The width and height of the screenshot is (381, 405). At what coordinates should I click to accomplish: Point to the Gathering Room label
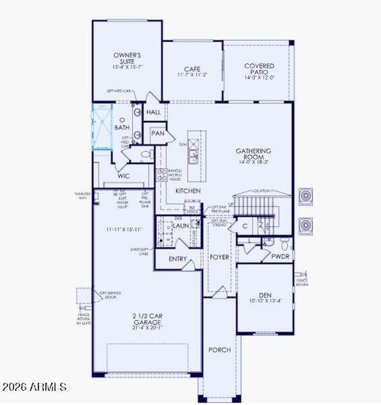pyautogui.click(x=253, y=151)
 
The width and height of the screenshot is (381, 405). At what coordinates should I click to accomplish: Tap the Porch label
pyautogui.click(x=220, y=350)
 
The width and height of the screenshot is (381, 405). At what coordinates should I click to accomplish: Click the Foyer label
pyautogui.click(x=220, y=257)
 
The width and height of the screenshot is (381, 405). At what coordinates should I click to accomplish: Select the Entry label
pyautogui.click(x=178, y=259)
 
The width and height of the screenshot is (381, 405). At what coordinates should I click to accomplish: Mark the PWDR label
pyautogui.click(x=280, y=256)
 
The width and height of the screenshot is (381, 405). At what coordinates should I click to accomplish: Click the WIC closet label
pyautogui.click(x=124, y=176)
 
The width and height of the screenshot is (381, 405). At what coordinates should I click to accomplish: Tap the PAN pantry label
pyautogui.click(x=158, y=134)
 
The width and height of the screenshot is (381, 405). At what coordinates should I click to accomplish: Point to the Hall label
pyautogui.click(x=153, y=112)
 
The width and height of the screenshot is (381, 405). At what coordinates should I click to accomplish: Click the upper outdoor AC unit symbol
pyautogui.click(x=305, y=196)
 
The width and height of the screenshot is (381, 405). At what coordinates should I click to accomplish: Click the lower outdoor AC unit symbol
pyautogui.click(x=305, y=224)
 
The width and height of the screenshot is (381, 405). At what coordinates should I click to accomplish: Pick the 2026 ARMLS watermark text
pyautogui.click(x=34, y=387)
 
